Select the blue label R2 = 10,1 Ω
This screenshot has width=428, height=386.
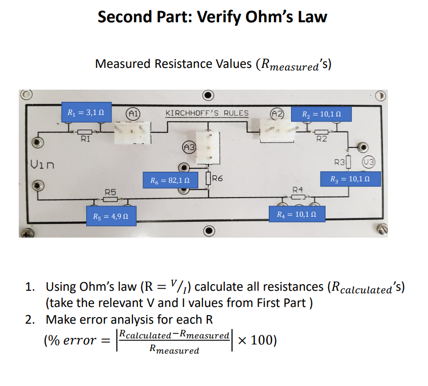coord(320,114)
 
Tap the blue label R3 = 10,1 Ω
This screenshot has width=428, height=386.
coord(349,179)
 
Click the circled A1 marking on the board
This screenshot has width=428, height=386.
coord(133,113)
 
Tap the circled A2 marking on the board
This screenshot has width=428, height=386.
coord(278,113)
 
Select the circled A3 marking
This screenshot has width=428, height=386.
coord(188,147)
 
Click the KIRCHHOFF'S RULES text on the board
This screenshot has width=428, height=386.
coord(207,113)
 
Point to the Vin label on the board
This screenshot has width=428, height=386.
coord(42,164)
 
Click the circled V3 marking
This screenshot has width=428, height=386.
coord(368,163)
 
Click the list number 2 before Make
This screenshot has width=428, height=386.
coord(29,320)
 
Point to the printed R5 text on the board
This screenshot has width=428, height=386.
coord(111,192)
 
